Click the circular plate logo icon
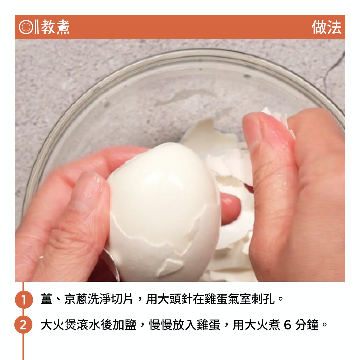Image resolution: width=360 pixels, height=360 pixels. click(x=25, y=27)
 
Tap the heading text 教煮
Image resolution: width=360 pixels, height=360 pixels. click(x=55, y=27)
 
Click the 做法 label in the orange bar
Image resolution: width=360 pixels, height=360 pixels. click(x=326, y=27)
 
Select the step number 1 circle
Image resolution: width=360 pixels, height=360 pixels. click(x=24, y=299)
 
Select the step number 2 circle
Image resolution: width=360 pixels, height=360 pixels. click(x=23, y=325)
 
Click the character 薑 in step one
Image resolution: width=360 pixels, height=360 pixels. click(x=46, y=299)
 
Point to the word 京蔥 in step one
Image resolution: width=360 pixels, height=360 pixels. click(x=76, y=299)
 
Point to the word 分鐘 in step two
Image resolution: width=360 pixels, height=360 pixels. click(x=307, y=325)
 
